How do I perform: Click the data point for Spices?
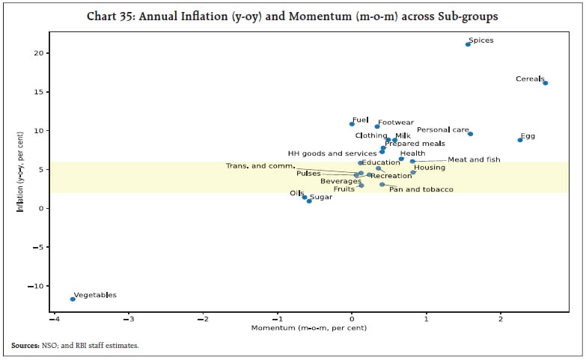(468, 44)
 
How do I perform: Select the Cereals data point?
(545, 83)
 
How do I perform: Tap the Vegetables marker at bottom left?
(73, 299)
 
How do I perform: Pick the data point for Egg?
(520, 140)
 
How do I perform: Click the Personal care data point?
(470, 134)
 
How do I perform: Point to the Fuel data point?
(352, 123)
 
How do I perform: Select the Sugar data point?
(309, 201)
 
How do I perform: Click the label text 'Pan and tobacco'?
(421, 189)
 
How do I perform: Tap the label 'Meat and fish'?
(474, 159)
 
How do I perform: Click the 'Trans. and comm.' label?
(260, 165)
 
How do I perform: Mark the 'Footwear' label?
(395, 123)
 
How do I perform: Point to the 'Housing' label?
(430, 168)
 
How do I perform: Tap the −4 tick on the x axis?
(53, 319)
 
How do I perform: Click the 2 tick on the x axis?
(501, 319)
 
